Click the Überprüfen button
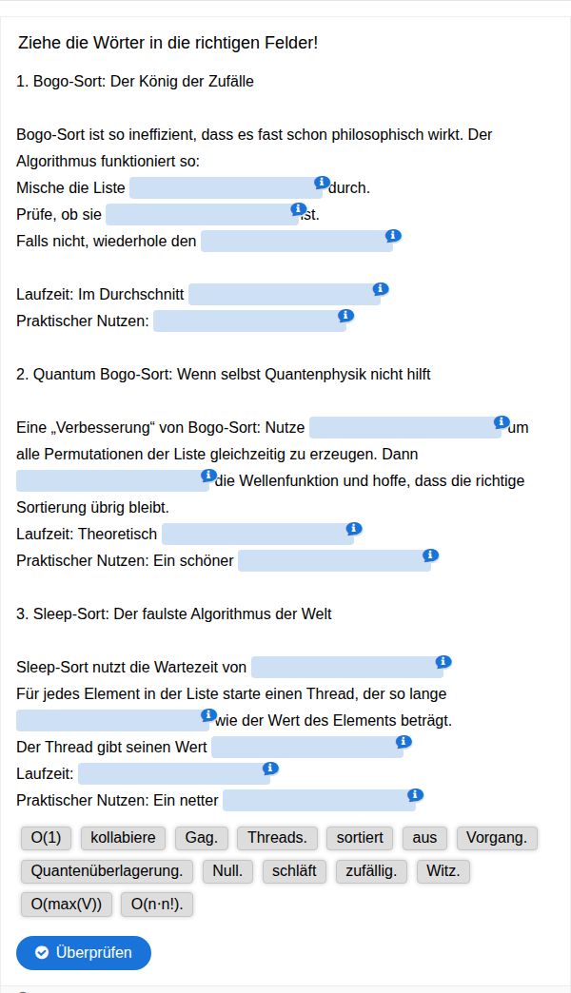[x=84, y=952]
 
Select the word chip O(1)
[x=46, y=838]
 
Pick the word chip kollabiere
[x=123, y=838]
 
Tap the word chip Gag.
[x=201, y=838]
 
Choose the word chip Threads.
[x=277, y=838]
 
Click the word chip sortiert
[x=360, y=838]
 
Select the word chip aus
[x=424, y=838]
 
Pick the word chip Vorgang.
[x=497, y=838]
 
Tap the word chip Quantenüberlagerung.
[x=108, y=871]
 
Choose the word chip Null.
[x=227, y=871]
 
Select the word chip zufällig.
[x=371, y=871]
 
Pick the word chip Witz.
[x=443, y=871]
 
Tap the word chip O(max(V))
[x=67, y=905]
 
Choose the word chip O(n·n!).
[x=157, y=905]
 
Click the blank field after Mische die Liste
[x=226, y=188]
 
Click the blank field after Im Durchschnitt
[x=284, y=295]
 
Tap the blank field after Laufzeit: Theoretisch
[x=257, y=535]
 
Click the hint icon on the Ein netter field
[x=414, y=794]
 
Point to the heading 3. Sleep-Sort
[x=174, y=613]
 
